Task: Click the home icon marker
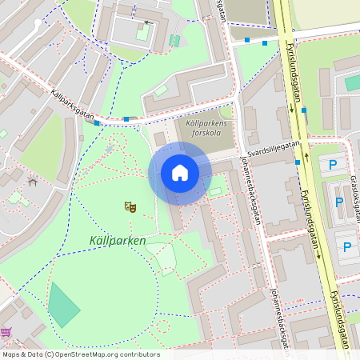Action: (179, 173)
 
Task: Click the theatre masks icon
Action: (130, 206)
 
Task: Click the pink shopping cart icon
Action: (6, 332)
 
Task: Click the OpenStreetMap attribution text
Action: (81, 354)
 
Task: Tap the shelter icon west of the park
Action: (33, 182)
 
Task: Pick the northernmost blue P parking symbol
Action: (333, 166)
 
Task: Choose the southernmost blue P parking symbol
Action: (346, 247)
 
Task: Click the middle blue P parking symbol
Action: (339, 202)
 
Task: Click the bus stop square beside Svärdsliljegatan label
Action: (298, 162)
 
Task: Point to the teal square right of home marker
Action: (215, 191)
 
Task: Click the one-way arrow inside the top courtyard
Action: (146, 22)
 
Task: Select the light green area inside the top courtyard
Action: (142, 34)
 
